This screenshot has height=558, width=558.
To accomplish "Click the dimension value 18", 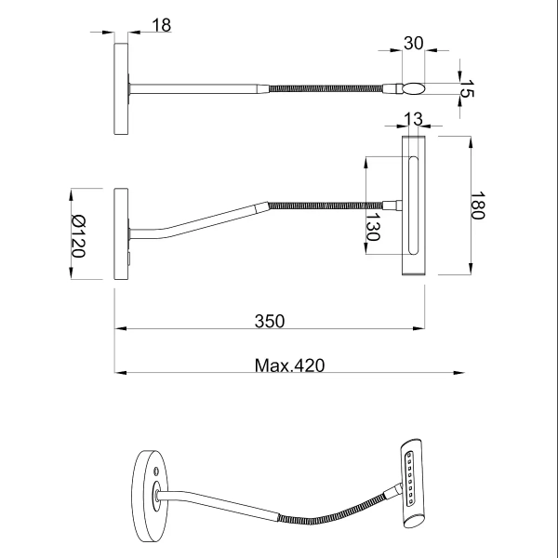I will click(x=161, y=26).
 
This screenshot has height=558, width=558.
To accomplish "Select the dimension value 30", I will click(x=413, y=43).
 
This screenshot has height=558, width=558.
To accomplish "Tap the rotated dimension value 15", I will click(x=469, y=89).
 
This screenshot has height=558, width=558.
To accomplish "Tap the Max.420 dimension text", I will click(x=289, y=365).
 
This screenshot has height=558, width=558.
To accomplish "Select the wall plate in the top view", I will click(x=122, y=89).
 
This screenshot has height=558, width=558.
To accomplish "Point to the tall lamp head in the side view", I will click(x=413, y=206).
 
